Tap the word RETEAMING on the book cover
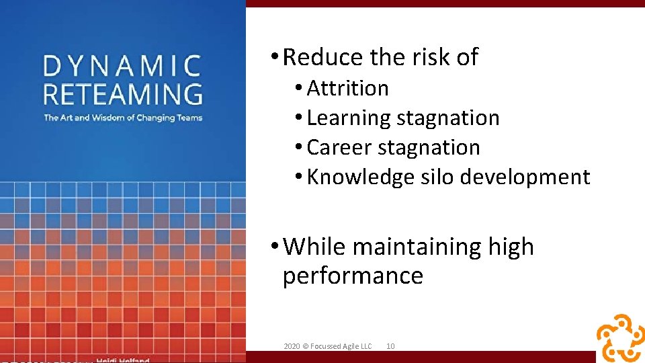(x=122, y=93)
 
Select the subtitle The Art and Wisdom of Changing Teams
(x=122, y=118)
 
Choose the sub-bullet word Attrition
(x=347, y=88)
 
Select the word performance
(x=353, y=276)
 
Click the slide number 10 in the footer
(x=390, y=346)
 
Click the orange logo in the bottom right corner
(x=619, y=337)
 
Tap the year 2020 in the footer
(x=292, y=346)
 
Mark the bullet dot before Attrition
(x=298, y=89)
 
